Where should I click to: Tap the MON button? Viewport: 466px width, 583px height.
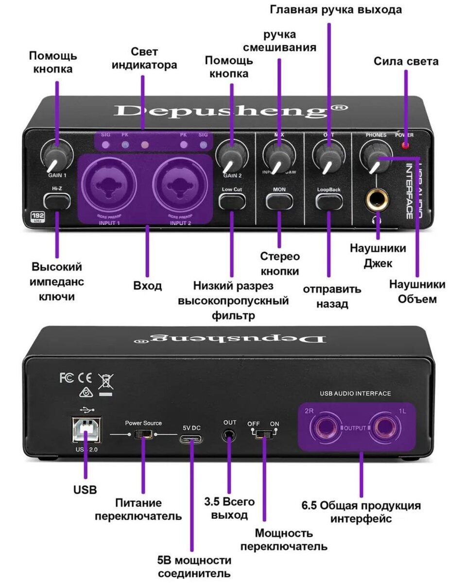pyautogui.click(x=279, y=200)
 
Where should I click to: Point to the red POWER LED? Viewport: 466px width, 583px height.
pyautogui.click(x=404, y=145)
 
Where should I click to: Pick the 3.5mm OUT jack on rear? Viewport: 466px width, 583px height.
pyautogui.click(x=229, y=435)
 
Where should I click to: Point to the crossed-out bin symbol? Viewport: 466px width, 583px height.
pyautogui.click(x=105, y=381)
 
